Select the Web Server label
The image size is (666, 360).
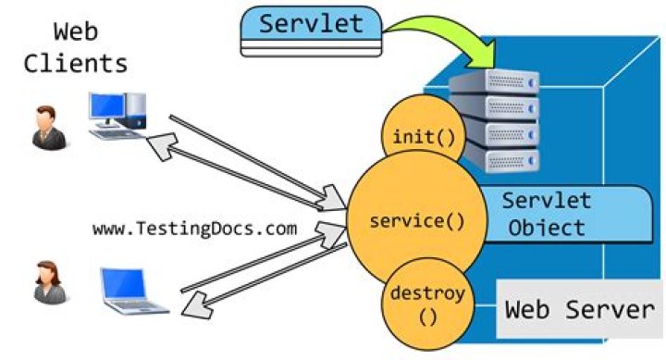pos(578,309)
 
